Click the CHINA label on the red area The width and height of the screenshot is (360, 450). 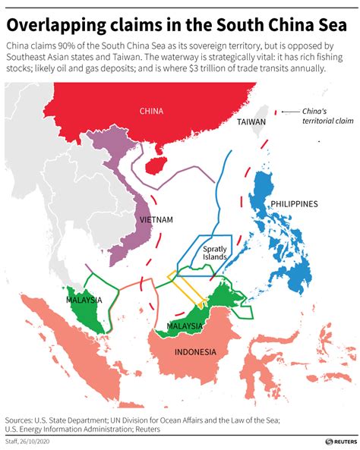[x=152, y=111]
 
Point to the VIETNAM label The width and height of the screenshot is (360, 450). [x=156, y=220]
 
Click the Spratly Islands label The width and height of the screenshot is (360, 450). [x=215, y=253]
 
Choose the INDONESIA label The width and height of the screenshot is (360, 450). [x=195, y=351]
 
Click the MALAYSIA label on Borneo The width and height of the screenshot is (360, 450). [x=184, y=326]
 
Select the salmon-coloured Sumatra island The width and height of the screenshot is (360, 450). [x=61, y=334]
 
